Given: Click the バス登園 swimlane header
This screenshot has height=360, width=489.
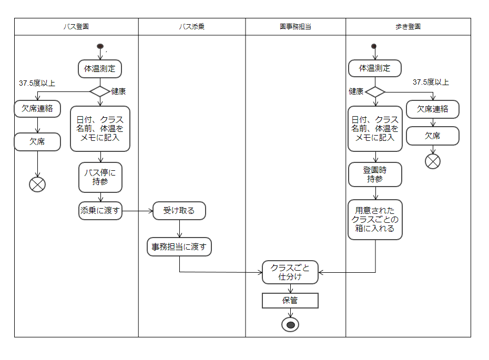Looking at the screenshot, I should (76, 27).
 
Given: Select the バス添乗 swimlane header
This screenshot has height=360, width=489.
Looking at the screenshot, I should (191, 27).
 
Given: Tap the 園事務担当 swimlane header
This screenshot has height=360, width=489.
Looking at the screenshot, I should (295, 27).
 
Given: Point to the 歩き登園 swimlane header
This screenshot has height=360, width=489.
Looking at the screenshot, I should (407, 27).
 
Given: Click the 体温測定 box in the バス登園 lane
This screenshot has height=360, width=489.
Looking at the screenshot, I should (100, 68).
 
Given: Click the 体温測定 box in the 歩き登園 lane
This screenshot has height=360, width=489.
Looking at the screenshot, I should (374, 68).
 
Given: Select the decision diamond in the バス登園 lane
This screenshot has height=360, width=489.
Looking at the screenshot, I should (100, 91).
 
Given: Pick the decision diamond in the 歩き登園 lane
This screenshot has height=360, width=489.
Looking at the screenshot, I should (375, 91).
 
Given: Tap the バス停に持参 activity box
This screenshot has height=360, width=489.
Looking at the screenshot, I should (100, 177).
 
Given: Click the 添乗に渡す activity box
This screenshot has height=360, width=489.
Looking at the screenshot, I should (100, 211).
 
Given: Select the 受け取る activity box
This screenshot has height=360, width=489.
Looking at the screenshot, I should (179, 211).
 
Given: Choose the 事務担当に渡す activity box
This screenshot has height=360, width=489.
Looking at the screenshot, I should (179, 246).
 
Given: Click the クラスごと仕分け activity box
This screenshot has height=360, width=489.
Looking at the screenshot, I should (290, 272).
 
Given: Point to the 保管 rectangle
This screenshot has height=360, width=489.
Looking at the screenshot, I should (290, 301).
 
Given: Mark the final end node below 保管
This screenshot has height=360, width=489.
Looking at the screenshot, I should (290, 324).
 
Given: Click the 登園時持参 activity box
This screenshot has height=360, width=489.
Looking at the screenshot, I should (375, 174).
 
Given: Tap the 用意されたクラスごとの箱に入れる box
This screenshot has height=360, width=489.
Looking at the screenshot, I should (375, 220).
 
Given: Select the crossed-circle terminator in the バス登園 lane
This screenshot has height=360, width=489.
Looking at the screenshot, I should (37, 184).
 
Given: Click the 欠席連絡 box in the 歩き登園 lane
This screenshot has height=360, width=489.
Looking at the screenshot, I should (433, 109).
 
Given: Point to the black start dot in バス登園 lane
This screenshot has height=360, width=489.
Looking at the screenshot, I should (100, 46).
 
